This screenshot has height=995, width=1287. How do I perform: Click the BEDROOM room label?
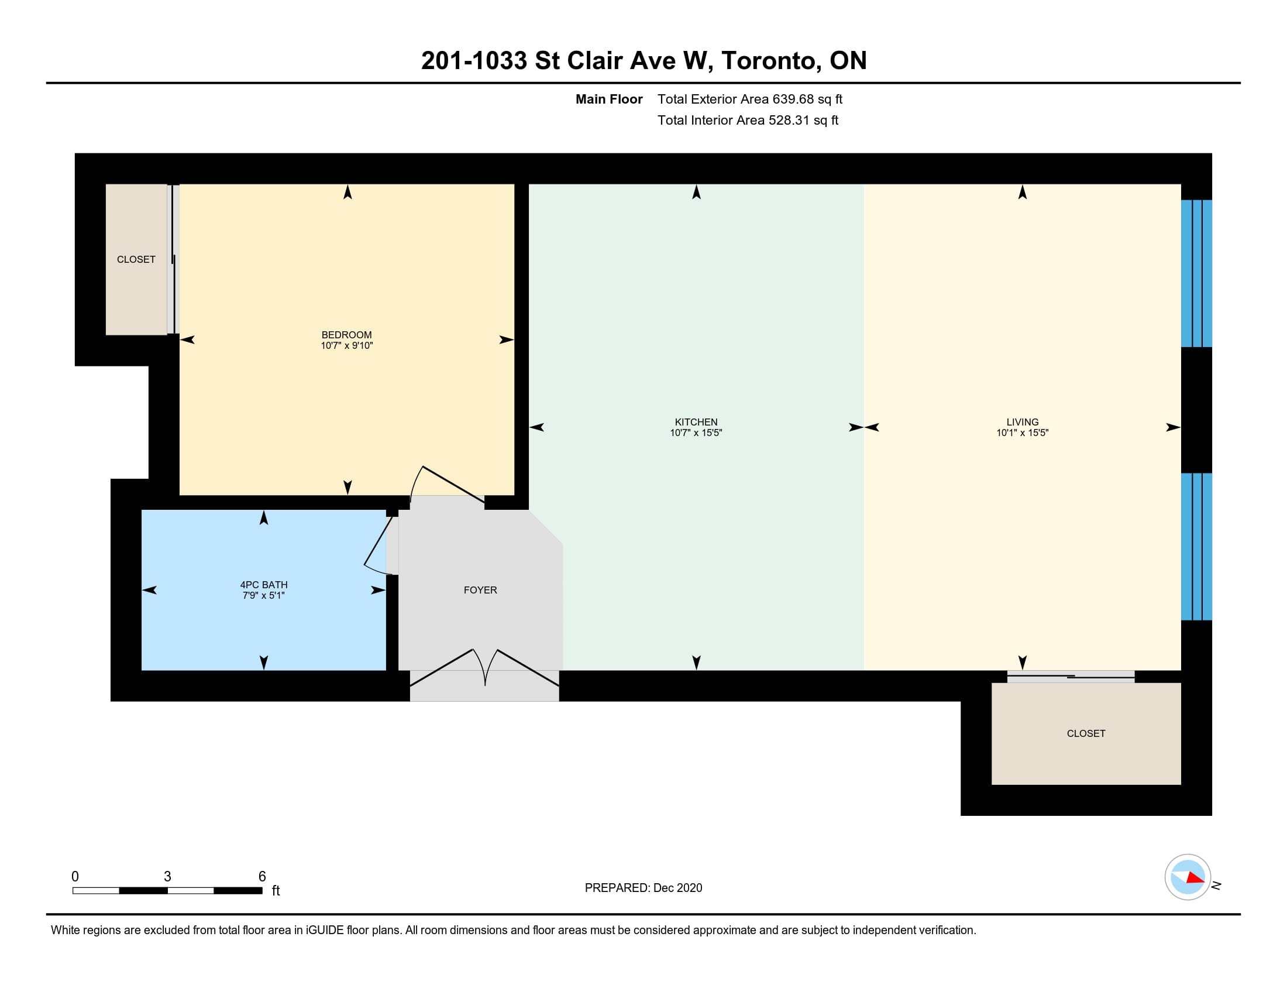[x=346, y=335]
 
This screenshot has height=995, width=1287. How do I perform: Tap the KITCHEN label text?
[x=696, y=422]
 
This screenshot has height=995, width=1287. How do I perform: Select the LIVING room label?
[x=1023, y=422]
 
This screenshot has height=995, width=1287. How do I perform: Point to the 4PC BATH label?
[x=264, y=585]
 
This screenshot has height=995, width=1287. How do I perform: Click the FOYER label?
[x=480, y=590]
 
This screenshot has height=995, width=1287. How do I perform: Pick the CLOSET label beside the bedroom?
[x=136, y=259]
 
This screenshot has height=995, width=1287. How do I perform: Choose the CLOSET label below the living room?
[x=1086, y=733]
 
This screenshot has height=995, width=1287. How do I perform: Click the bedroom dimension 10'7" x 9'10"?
[x=346, y=345]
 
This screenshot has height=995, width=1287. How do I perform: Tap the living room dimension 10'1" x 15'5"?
[x=1023, y=433]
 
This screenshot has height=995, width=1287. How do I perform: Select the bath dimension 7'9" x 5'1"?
[x=264, y=595]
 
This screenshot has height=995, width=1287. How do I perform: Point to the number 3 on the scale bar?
[x=167, y=877]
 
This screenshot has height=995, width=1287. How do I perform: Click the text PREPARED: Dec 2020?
[x=643, y=888]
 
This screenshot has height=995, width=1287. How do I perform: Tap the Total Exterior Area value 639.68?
[x=793, y=99]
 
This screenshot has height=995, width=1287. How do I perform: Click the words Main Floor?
[x=609, y=99]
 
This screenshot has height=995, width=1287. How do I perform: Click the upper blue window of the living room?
[x=1196, y=273]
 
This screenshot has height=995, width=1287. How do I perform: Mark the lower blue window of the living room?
[x=1196, y=547]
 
